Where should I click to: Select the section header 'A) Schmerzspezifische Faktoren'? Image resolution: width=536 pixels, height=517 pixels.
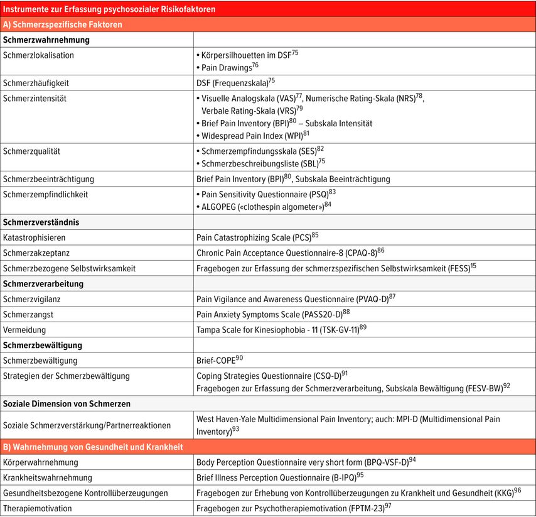point(63,24)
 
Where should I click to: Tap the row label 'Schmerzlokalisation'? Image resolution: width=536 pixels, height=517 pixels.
point(38,55)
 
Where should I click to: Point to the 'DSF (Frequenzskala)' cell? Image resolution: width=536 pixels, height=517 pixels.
point(235,82)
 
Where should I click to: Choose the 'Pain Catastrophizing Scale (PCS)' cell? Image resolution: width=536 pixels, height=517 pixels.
point(257,238)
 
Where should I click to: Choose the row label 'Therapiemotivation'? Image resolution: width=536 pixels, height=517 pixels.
point(38,508)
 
